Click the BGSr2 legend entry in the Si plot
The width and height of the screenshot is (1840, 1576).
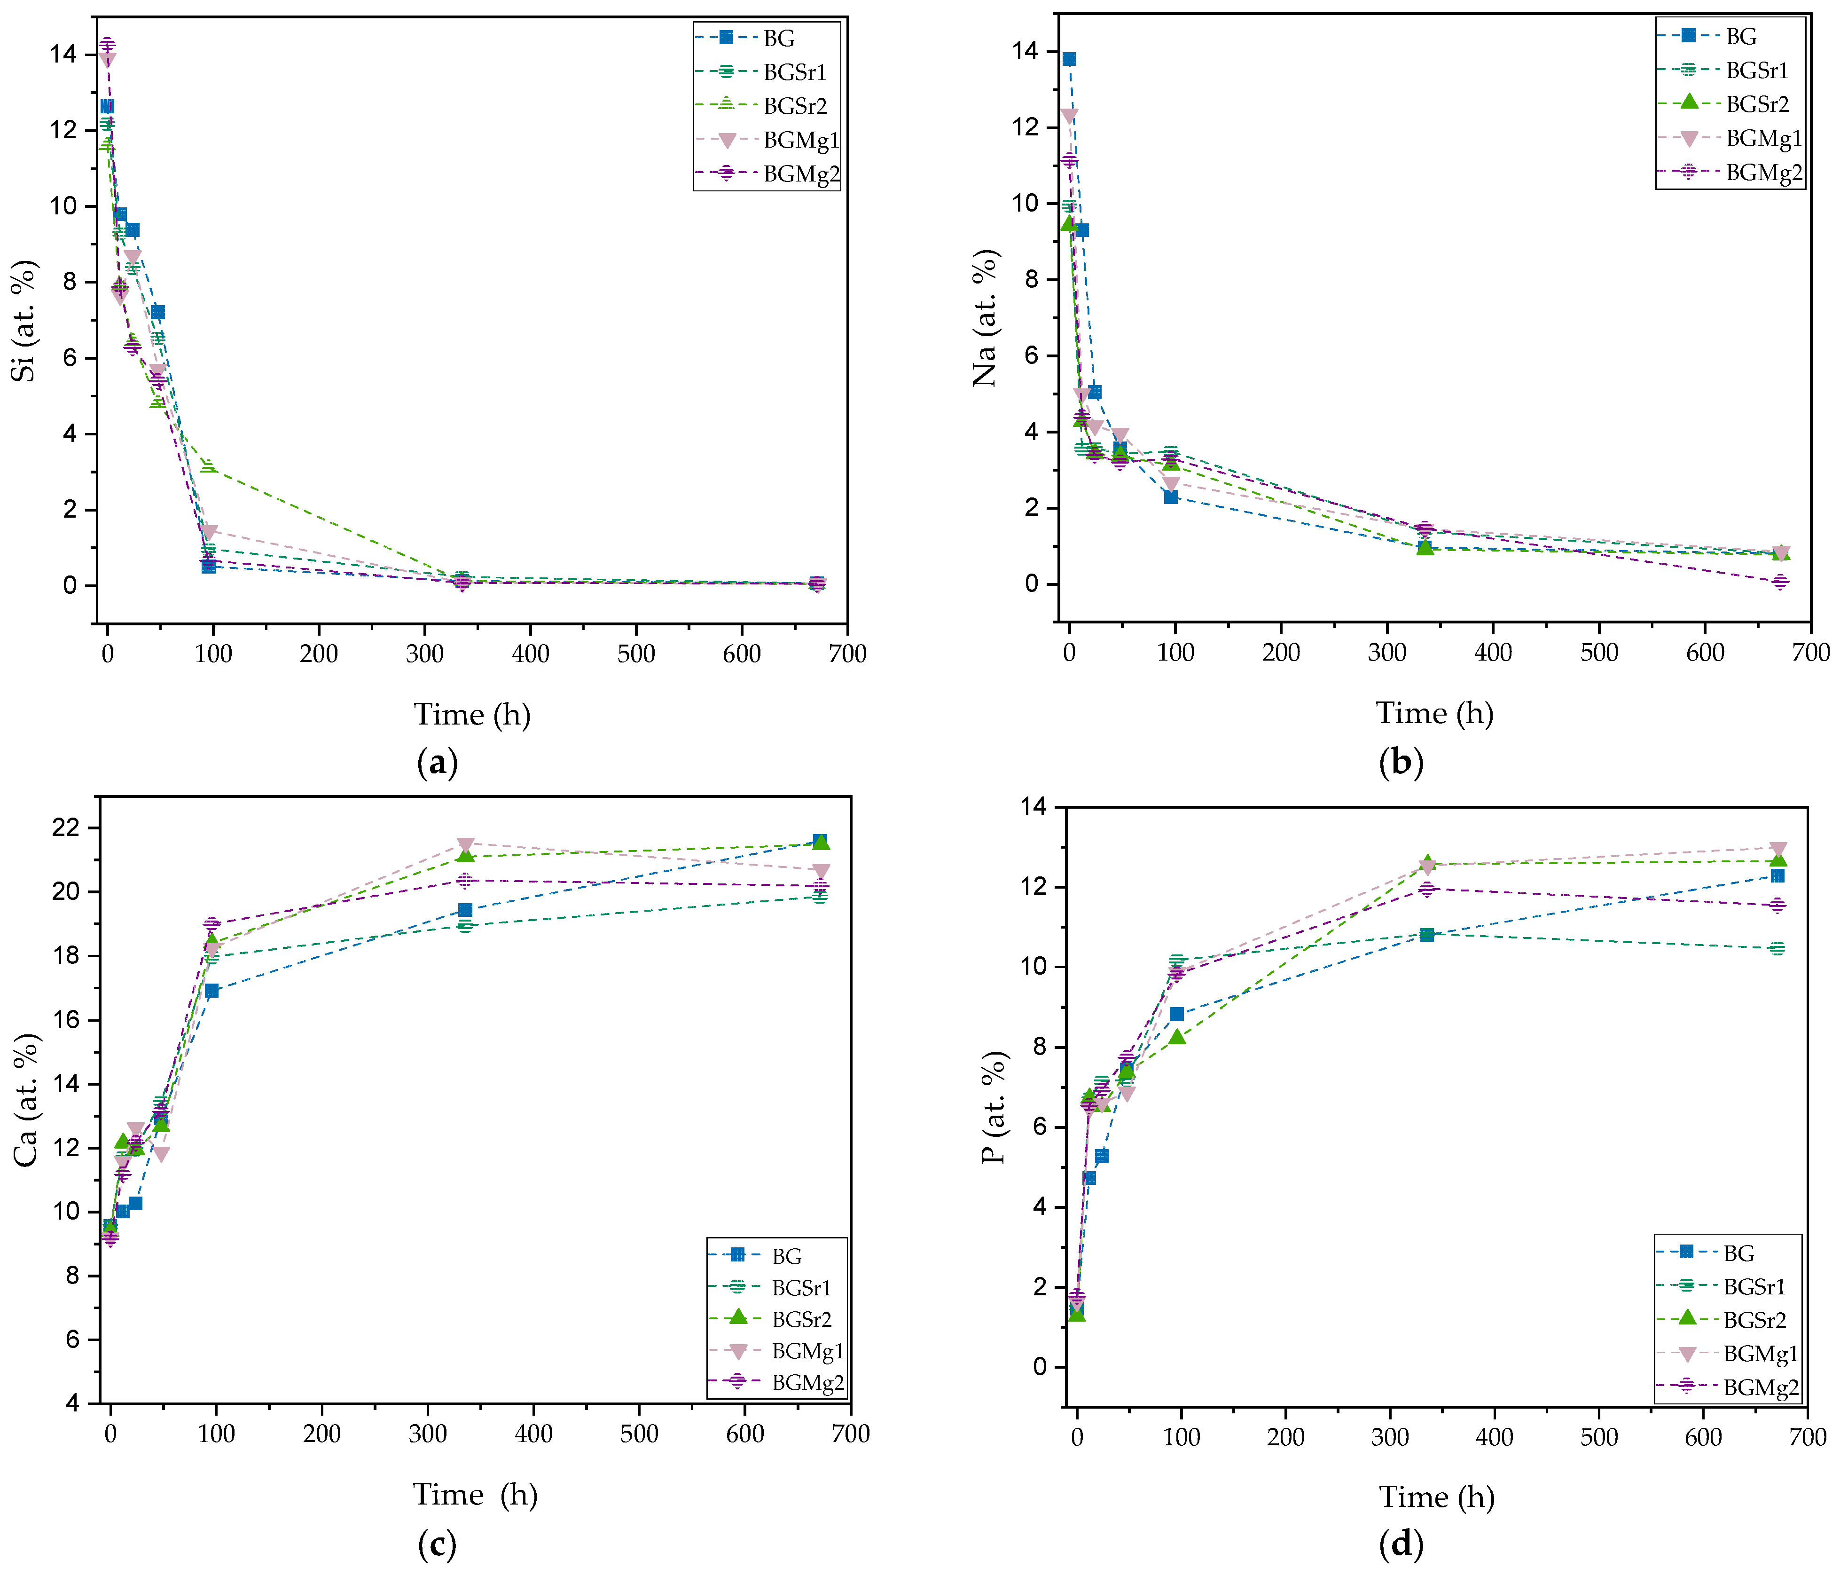[795, 106]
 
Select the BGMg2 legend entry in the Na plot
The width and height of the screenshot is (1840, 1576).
[1763, 173]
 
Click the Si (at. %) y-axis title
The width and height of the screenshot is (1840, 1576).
[25, 321]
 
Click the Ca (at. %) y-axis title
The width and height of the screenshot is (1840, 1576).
[27, 1100]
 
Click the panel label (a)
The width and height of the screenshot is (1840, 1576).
[437, 762]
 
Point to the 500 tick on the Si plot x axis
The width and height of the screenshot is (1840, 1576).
[636, 654]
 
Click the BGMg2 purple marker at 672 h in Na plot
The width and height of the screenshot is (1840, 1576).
[1780, 582]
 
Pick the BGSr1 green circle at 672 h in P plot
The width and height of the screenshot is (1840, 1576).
[1777, 949]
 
